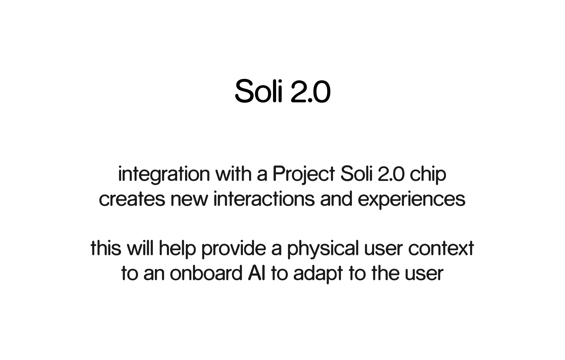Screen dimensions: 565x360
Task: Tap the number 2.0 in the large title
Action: pyautogui.click(x=311, y=91)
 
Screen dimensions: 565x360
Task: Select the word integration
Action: pyautogui.click(x=164, y=175)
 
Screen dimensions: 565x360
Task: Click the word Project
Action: pyautogui.click(x=304, y=175)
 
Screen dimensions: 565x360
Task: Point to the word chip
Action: pyautogui.click(x=428, y=175)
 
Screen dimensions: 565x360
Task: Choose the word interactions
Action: pyautogui.click(x=264, y=199)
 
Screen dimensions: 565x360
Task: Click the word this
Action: pyautogui.click(x=106, y=248)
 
